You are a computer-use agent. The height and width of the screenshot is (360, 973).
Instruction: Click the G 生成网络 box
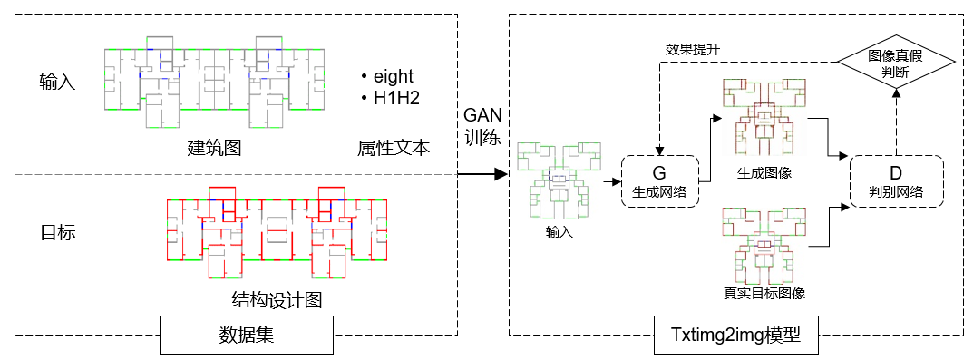click(x=659, y=181)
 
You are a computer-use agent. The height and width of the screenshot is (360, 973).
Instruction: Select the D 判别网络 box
click(x=896, y=181)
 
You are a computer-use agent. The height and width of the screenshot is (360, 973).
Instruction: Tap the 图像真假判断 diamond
click(x=895, y=64)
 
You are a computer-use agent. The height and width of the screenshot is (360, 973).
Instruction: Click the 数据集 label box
click(x=247, y=336)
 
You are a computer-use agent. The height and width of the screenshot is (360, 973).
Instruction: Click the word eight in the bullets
click(x=394, y=76)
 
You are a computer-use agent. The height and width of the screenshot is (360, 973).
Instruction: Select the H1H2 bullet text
click(x=396, y=98)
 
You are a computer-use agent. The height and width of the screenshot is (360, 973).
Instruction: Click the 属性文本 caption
click(x=394, y=148)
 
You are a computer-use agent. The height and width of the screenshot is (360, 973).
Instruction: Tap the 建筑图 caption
click(x=214, y=148)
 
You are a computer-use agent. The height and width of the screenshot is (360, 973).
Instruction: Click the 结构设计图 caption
click(x=277, y=300)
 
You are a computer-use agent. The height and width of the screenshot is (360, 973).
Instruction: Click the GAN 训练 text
click(x=482, y=125)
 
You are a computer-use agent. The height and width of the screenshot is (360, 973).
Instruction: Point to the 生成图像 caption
click(x=764, y=172)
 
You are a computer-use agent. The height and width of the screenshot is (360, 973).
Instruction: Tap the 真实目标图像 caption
click(x=764, y=293)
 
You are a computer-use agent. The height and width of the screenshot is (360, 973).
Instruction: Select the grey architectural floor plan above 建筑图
click(x=215, y=83)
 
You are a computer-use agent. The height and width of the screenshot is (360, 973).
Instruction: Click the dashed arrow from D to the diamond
click(x=895, y=121)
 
